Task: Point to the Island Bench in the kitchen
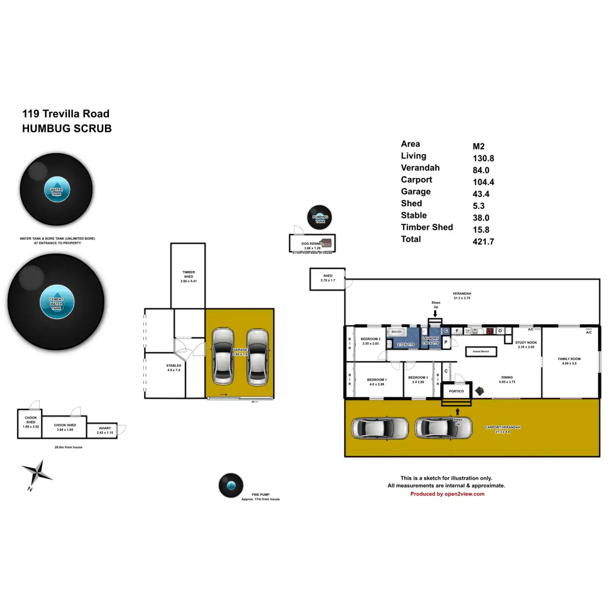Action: coord(481,351)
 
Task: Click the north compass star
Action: coord(36,473)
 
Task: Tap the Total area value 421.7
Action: coord(483,242)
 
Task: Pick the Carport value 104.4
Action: coord(483,182)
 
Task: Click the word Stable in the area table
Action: coord(413,215)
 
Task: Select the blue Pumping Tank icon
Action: coord(320,219)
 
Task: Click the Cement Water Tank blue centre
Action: coord(57,302)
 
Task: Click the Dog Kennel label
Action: coord(312,244)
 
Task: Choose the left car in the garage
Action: coord(223,356)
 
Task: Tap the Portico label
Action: coord(456,391)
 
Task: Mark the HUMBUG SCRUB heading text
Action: coord(67,129)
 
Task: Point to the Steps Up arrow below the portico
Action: coord(457,411)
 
